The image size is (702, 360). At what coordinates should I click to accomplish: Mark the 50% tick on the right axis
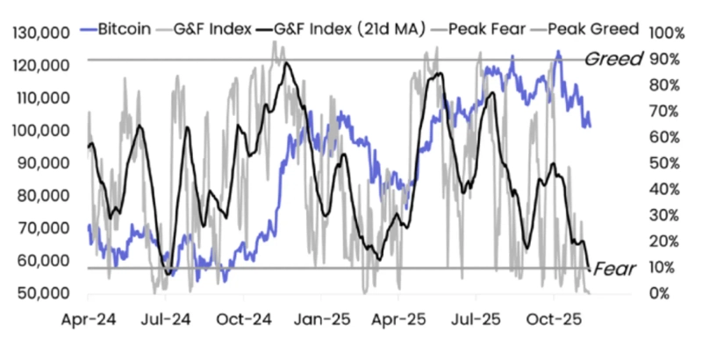coord(663,163)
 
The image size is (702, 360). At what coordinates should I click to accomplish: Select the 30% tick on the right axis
coord(663,215)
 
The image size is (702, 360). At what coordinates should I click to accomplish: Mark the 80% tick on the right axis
coord(663,85)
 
